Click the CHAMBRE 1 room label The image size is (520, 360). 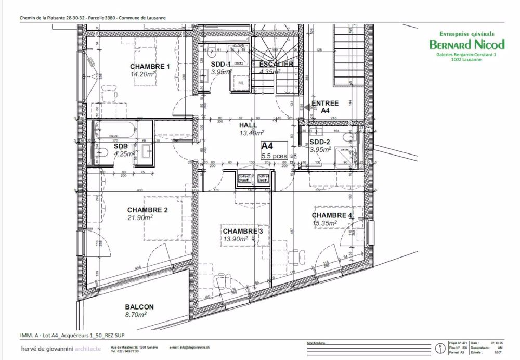(x=150, y=67)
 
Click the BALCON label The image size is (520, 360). (x=139, y=307)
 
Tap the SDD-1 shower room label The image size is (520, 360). (x=221, y=64)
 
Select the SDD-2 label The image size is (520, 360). (x=320, y=142)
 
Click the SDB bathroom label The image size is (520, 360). (x=121, y=146)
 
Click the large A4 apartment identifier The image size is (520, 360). (x=267, y=146)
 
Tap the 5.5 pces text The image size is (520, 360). (x=274, y=156)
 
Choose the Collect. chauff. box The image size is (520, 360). (x=244, y=178)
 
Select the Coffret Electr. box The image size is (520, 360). (x=263, y=178)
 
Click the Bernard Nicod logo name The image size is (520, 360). (x=466, y=44)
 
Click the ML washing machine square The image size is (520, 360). (x=241, y=83)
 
